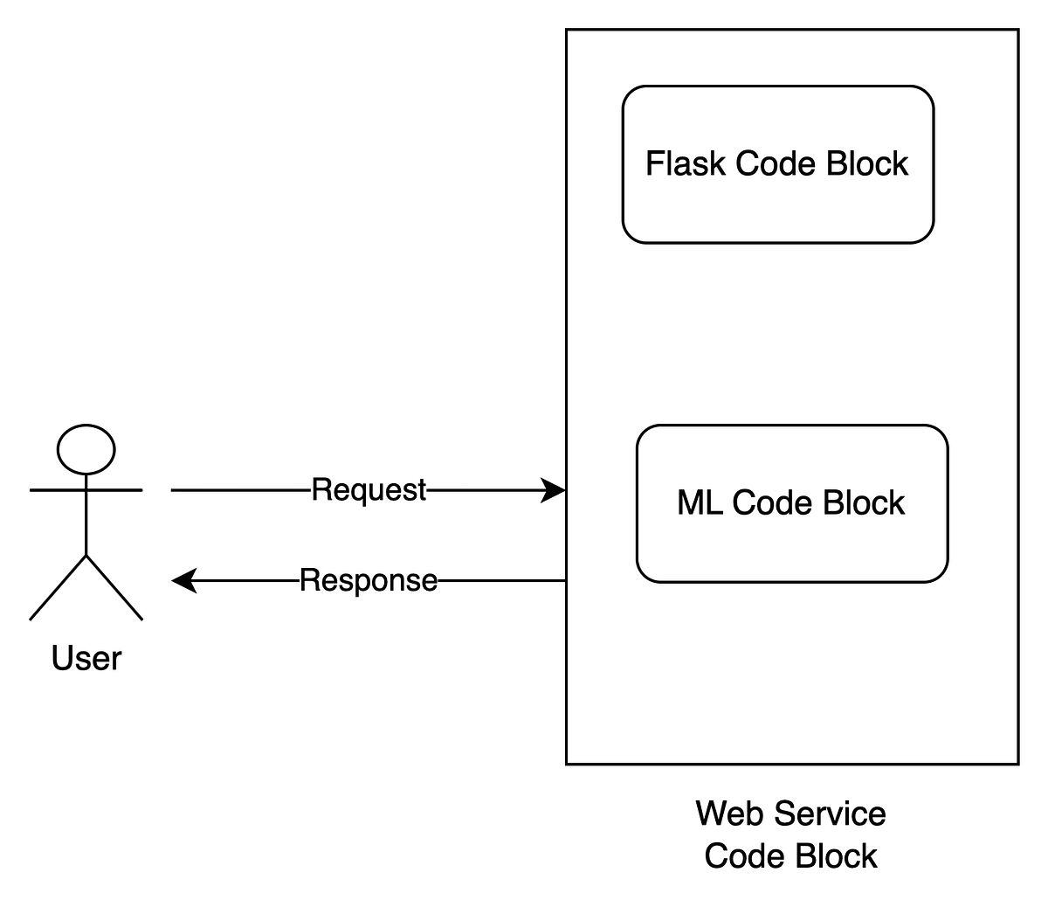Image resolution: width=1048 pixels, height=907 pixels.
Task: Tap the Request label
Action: (369, 490)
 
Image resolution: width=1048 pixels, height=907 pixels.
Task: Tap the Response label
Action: (369, 580)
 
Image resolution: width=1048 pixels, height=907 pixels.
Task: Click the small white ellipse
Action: (86, 450)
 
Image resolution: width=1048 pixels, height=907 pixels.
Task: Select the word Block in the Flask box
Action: (867, 163)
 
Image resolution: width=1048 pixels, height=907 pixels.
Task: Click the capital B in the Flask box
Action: (838, 163)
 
